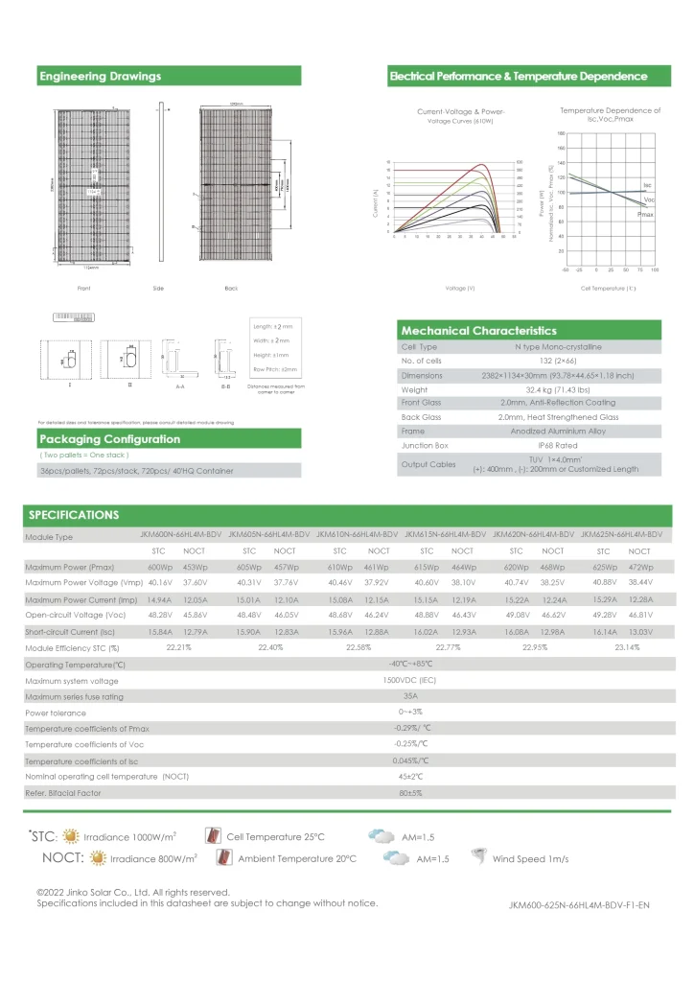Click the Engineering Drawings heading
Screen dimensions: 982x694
tap(101, 77)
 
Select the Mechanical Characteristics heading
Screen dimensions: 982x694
tap(478, 331)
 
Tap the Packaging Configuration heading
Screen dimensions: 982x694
tap(109, 439)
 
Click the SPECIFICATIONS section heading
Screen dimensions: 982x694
tap(73, 515)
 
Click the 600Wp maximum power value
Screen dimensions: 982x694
tap(159, 568)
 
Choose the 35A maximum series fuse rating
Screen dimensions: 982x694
tap(410, 696)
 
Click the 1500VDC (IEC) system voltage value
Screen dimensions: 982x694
tap(410, 681)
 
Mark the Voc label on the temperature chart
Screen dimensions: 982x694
tap(649, 199)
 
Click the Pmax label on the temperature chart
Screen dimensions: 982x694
tap(645, 216)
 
